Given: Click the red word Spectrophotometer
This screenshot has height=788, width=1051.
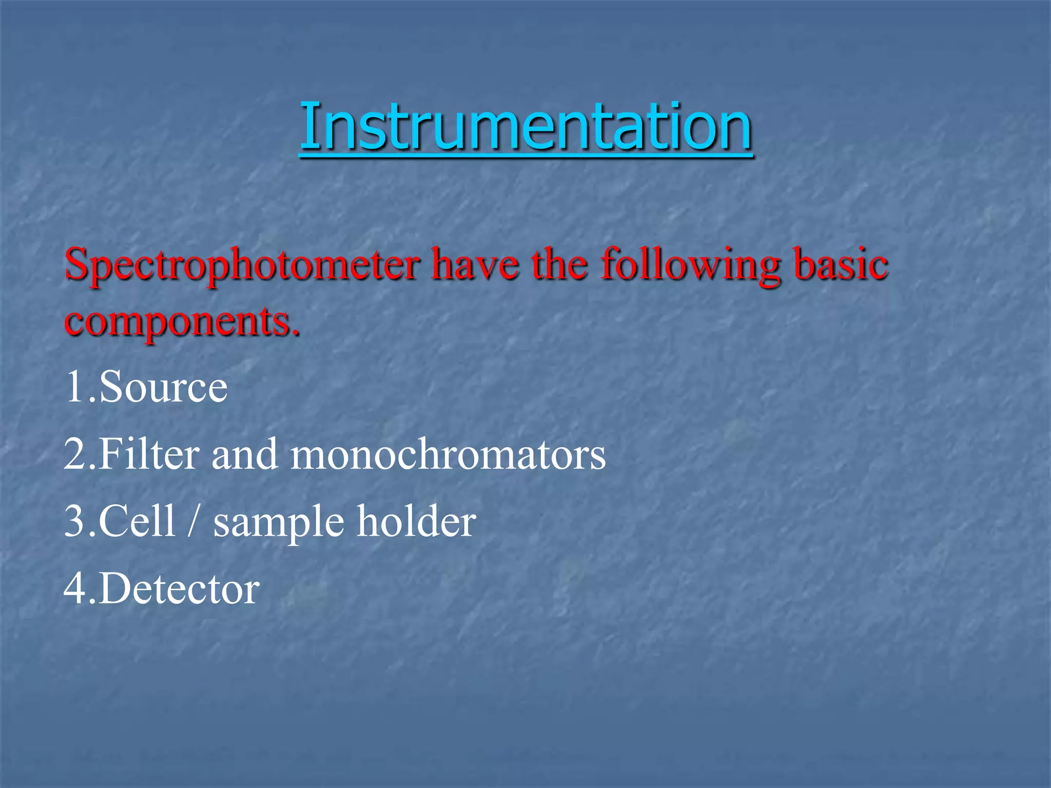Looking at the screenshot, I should pos(242,265).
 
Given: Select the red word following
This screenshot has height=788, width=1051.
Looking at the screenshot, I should pos(691,265).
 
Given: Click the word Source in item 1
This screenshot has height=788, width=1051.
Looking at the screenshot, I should pos(163,387).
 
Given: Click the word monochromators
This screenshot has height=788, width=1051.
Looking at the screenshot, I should pos(448,455).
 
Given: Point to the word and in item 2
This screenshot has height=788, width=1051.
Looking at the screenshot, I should pos(245,455).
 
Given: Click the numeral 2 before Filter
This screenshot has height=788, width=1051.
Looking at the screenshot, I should pos(75,454).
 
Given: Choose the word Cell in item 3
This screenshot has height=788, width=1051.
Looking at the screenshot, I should pos(137,521).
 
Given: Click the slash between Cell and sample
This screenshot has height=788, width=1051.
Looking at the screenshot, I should pos(193,521).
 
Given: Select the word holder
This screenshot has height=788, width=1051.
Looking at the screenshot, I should pos(416,521).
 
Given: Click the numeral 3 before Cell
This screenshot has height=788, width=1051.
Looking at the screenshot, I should pos(75,521).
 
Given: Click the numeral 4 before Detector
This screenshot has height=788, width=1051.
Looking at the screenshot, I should pos(75,588).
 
